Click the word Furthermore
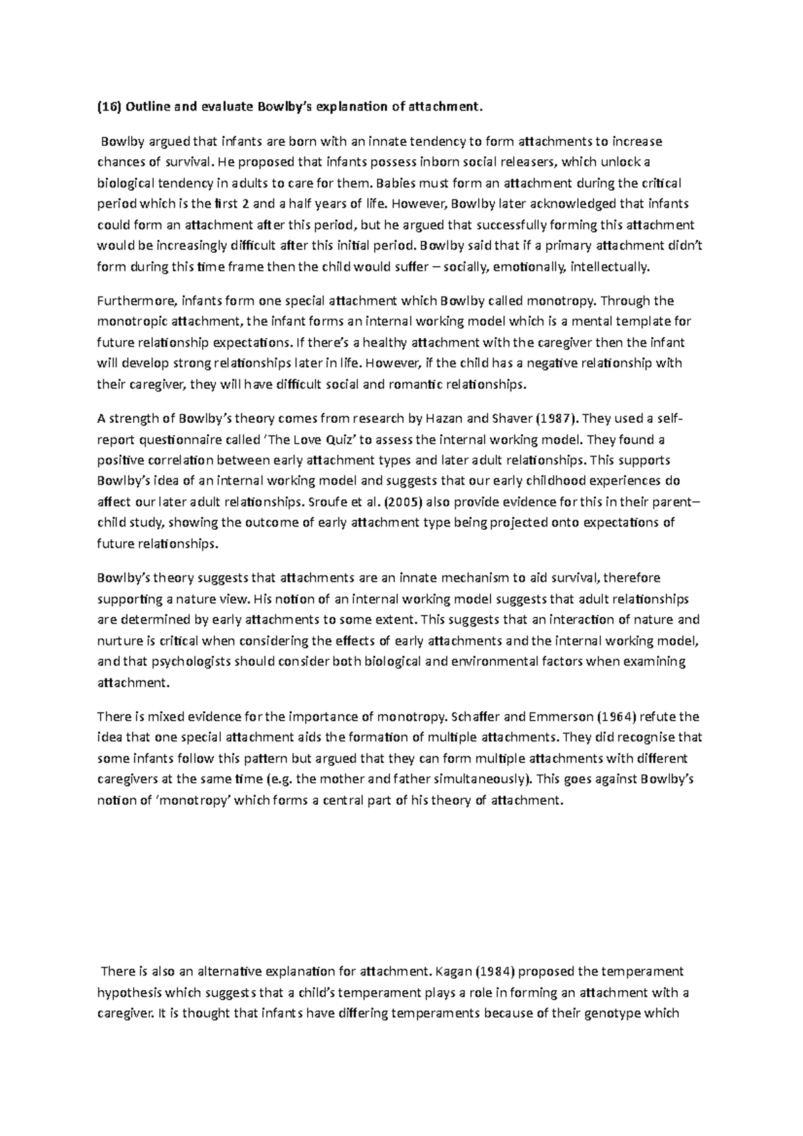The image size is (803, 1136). (131, 300)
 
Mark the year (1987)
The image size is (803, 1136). (555, 419)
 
